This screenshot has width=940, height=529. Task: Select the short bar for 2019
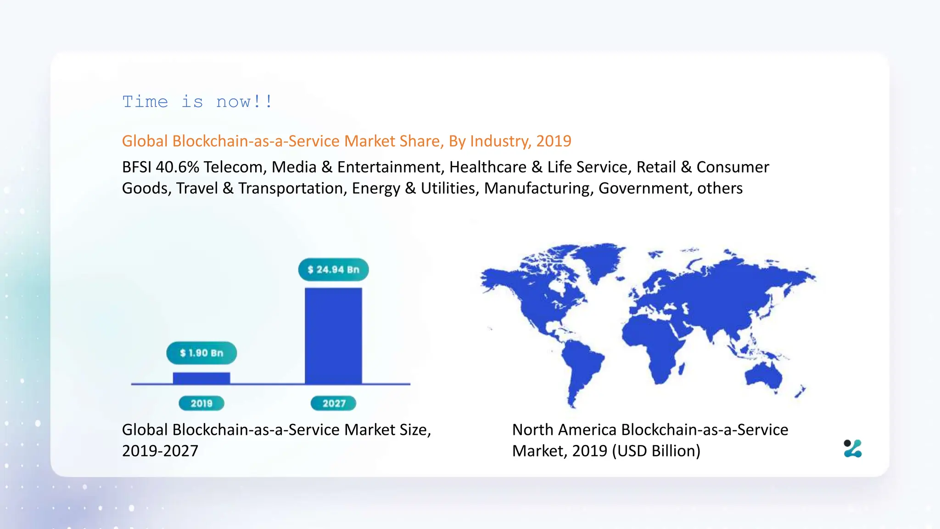tap(201, 378)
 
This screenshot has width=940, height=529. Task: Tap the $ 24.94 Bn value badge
tap(333, 270)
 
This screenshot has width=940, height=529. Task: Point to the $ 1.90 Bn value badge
tap(201, 353)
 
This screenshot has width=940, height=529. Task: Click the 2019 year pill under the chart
tap(201, 403)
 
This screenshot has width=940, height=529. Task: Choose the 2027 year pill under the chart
tap(334, 403)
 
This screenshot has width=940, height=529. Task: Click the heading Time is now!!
tap(197, 101)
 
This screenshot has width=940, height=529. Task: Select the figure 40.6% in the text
tap(177, 167)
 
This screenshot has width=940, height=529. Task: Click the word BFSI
tap(136, 167)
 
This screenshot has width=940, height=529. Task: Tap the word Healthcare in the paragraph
tap(487, 167)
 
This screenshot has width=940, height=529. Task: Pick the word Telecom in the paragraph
tap(234, 167)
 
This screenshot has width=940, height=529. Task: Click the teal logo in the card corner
tap(853, 449)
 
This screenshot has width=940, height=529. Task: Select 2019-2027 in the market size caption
tap(160, 451)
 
